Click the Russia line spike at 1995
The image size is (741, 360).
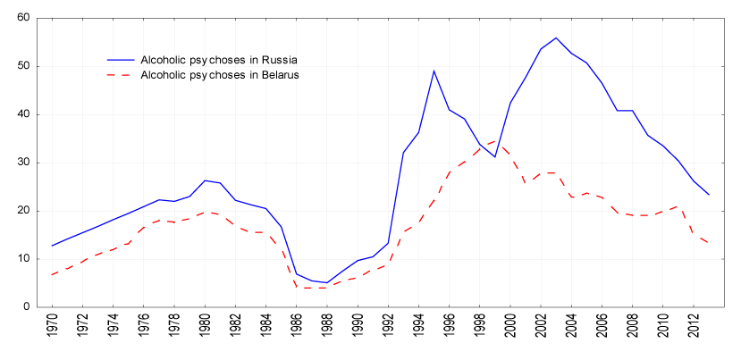coord(434,71)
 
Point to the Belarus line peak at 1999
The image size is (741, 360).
coord(494,140)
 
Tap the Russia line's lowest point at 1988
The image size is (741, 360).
coord(327,282)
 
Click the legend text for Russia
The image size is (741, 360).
coord(218,59)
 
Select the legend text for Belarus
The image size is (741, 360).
coord(219,75)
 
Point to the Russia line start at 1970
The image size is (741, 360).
coord(53,246)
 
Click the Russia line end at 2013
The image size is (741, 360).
coord(708,195)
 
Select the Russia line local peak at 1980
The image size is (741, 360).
coord(206,180)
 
